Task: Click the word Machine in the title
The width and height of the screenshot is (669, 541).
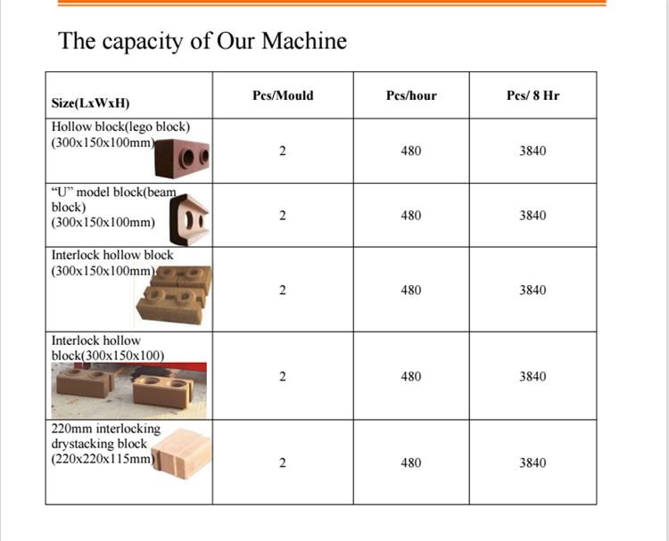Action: click(x=304, y=41)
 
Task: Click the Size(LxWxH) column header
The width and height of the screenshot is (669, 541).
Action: click(x=90, y=103)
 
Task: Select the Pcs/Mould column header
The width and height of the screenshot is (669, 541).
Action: click(x=283, y=95)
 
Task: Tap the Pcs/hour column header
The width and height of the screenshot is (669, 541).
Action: click(x=411, y=95)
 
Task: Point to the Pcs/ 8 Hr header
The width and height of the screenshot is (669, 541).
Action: click(x=533, y=95)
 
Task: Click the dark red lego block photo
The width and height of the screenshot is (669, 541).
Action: click(x=182, y=158)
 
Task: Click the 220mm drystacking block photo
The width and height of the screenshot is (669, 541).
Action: click(x=182, y=454)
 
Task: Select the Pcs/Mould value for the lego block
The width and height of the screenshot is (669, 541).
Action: click(x=283, y=151)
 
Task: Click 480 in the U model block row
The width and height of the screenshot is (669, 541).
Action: click(x=411, y=216)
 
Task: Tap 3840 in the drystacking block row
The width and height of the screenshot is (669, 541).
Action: click(x=533, y=463)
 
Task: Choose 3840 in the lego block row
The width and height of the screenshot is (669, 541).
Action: click(x=533, y=151)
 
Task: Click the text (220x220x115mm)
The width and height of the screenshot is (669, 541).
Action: click(x=103, y=459)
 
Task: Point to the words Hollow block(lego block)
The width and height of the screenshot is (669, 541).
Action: click(x=120, y=127)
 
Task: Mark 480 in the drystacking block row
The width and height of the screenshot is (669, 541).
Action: click(x=411, y=463)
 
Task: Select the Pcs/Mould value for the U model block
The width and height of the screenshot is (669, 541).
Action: click(x=283, y=216)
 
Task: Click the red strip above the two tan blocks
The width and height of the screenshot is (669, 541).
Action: click(x=140, y=366)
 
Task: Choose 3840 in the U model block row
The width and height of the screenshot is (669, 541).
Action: click(x=533, y=216)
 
